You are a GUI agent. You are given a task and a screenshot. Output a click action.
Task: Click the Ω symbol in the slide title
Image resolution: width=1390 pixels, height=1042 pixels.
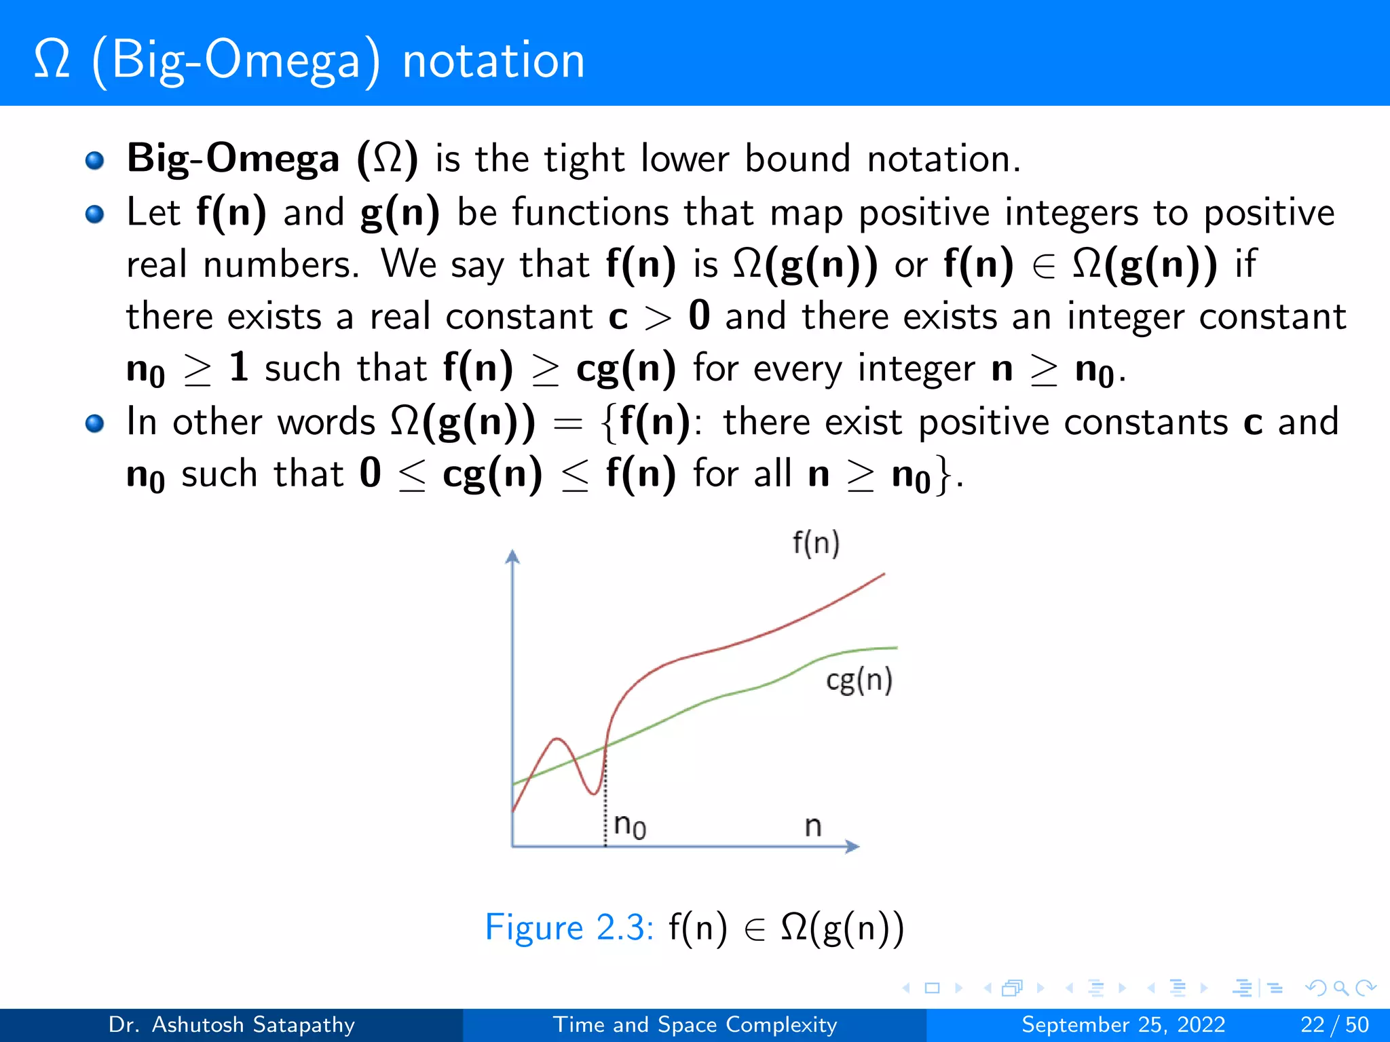[x=52, y=60]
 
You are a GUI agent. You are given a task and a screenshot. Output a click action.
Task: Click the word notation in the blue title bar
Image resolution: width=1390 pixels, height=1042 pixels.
[x=493, y=61]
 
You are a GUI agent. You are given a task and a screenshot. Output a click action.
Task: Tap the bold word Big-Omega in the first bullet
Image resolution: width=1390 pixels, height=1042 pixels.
[x=233, y=159]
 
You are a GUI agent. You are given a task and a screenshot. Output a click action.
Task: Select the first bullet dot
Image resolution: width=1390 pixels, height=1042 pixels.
[x=94, y=160]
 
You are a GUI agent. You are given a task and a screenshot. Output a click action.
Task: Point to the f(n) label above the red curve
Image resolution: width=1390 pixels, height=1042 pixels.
[x=816, y=544]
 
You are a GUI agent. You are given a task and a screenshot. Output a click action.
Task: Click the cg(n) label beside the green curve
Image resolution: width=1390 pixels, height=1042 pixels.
[x=859, y=680]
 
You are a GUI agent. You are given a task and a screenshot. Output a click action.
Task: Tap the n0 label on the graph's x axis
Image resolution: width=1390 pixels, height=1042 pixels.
[x=629, y=826]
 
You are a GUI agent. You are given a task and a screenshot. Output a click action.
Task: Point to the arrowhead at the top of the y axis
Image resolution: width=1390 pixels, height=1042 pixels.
[x=512, y=557]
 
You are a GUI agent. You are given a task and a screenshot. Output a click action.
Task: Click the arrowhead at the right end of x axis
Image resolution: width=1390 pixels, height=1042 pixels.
[x=852, y=846]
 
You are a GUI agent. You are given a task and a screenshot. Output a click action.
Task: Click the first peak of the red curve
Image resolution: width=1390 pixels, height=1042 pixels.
[x=557, y=739]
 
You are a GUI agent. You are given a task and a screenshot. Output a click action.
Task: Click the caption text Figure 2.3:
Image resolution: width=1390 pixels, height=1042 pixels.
[x=569, y=927]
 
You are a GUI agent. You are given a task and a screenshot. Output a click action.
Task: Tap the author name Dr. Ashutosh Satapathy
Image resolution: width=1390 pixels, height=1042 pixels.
[x=231, y=1024]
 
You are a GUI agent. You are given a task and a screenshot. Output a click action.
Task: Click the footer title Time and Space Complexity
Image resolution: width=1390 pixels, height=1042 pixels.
[x=694, y=1024]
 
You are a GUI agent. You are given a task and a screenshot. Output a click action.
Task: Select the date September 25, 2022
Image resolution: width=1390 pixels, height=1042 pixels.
[x=1123, y=1024]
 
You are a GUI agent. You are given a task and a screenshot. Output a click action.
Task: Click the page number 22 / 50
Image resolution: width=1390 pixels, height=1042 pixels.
[x=1334, y=1024]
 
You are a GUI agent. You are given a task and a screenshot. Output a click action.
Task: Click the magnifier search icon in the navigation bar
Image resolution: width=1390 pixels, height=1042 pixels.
[x=1340, y=988]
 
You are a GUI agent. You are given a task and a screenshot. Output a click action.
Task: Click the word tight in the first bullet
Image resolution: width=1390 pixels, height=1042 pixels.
[x=584, y=160]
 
